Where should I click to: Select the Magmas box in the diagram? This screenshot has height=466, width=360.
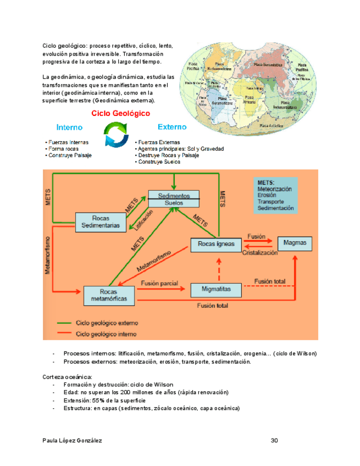click(x=295, y=242)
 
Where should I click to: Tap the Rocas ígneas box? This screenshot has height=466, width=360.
click(x=216, y=244)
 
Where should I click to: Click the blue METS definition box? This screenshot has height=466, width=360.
click(x=275, y=195)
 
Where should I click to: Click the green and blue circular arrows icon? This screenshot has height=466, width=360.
click(x=117, y=135)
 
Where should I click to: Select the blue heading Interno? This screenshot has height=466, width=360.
click(x=69, y=127)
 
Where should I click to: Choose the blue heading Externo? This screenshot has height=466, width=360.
click(x=171, y=127)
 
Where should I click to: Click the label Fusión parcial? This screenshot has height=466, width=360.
click(x=159, y=284)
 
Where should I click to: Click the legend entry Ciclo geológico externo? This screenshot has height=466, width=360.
click(x=107, y=323)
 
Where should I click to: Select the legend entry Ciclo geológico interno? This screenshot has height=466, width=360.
click(x=107, y=334)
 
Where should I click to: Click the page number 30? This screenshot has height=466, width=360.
click(x=274, y=441)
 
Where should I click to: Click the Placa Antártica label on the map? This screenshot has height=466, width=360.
click(x=271, y=126)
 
